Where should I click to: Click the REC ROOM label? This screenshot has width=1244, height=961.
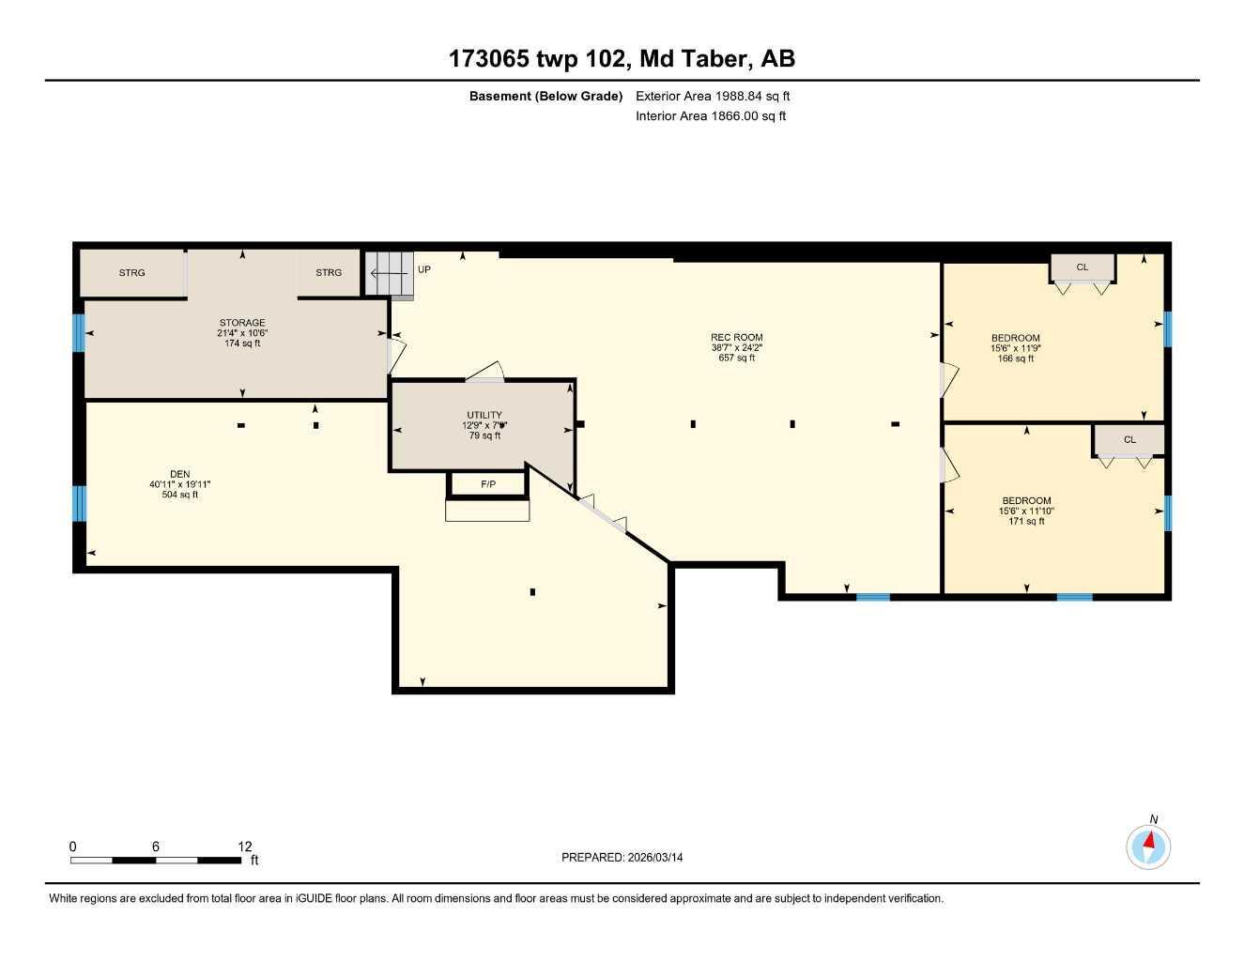tap(736, 338)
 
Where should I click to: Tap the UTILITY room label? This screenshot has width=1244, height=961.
tap(484, 415)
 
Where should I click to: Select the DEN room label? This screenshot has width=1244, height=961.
tap(179, 474)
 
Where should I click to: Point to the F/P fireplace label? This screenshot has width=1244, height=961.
tap(488, 484)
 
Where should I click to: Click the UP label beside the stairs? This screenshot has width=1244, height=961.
tap(424, 270)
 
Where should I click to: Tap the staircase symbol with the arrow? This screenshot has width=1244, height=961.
tap(389, 273)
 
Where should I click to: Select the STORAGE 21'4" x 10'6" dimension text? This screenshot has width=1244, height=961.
tap(242, 333)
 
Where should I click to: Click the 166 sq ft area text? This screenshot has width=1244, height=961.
tap(1015, 358)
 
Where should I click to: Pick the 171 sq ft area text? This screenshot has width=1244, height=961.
tap(1026, 521)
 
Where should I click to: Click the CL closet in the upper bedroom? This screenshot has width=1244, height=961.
tap(1082, 267)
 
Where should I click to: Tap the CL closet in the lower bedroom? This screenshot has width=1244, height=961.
tap(1129, 439)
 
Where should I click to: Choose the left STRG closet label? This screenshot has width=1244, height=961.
tap(132, 273)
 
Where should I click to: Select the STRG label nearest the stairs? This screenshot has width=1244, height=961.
tap(329, 273)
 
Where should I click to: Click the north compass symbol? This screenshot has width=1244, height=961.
tap(1148, 847)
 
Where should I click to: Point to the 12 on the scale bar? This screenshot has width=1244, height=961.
tap(245, 847)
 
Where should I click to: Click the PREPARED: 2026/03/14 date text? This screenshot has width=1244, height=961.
tap(622, 857)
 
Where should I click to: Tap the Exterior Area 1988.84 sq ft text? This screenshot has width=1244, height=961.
tap(713, 96)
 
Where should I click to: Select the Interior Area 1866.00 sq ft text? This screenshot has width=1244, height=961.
tap(711, 116)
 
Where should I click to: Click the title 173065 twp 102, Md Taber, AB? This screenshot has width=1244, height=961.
tap(622, 59)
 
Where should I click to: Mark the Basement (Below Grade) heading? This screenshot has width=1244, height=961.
tap(545, 96)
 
